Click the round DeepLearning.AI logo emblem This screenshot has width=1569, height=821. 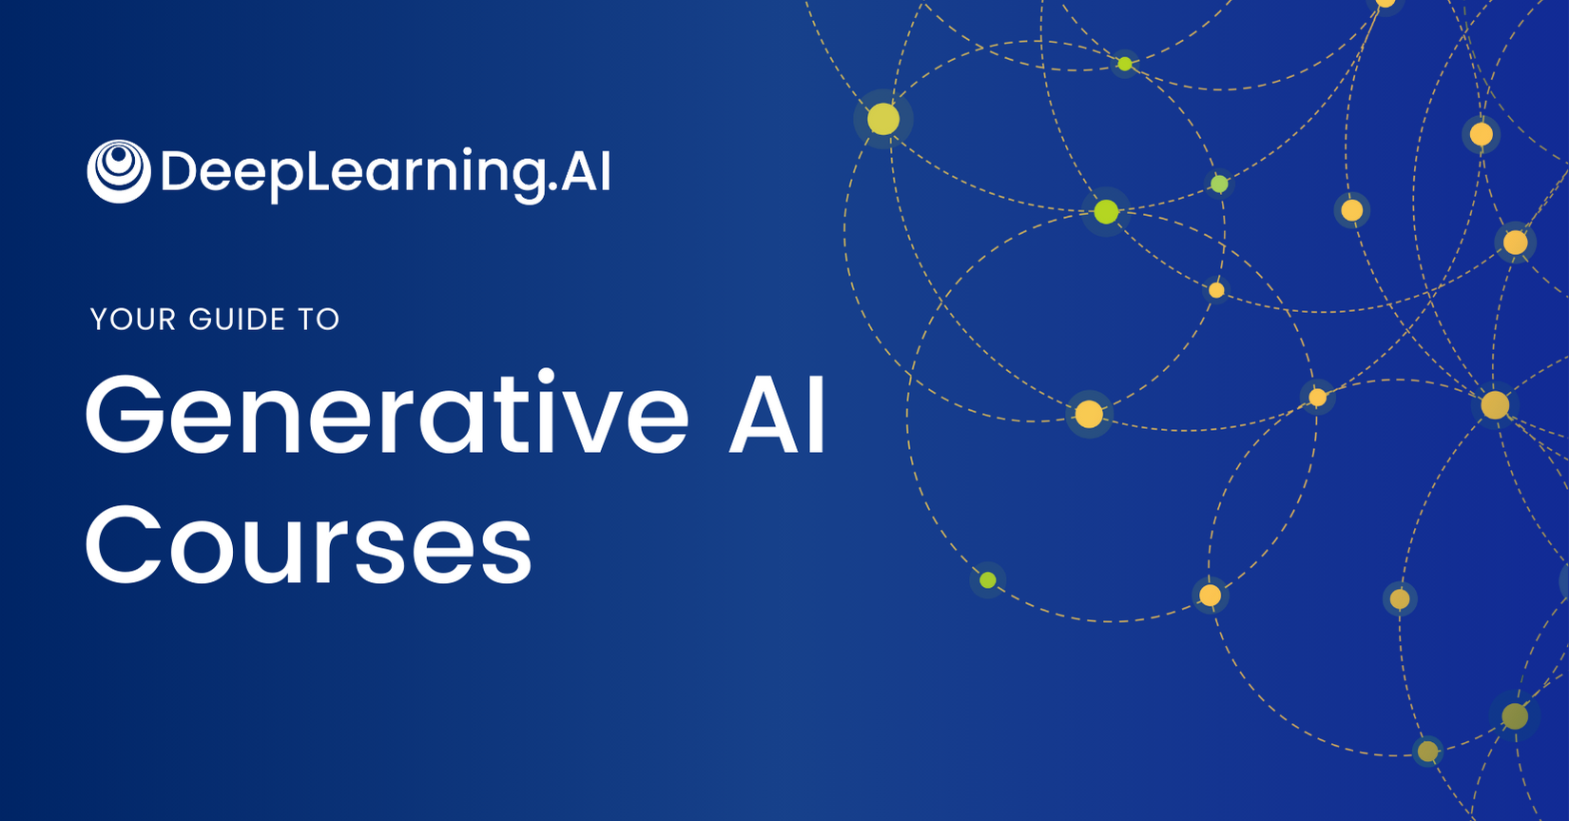(x=118, y=171)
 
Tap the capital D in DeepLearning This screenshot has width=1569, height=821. (x=176, y=171)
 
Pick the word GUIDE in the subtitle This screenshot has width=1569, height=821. (x=237, y=320)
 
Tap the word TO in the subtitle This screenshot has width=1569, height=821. (x=319, y=320)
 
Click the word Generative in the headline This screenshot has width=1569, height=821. (x=387, y=414)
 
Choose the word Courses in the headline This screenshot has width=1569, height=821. (x=309, y=545)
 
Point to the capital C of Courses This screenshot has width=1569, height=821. (x=124, y=545)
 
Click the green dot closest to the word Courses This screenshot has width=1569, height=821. (x=988, y=580)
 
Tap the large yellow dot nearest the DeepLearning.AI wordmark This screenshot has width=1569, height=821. (x=883, y=119)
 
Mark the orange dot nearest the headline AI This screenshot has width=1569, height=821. (x=1089, y=414)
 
